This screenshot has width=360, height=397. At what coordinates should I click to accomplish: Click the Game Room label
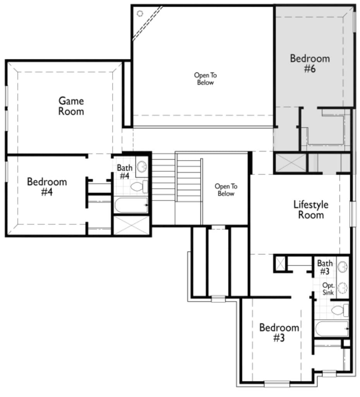[71, 106]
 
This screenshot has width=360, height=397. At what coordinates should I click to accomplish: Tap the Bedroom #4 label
[47, 187]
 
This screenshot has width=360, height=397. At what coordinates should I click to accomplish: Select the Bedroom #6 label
[310, 64]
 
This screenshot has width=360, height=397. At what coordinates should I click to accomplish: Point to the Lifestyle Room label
[311, 210]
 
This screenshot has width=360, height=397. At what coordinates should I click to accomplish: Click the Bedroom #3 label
[279, 332]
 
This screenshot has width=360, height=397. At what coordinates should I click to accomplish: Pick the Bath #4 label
[125, 172]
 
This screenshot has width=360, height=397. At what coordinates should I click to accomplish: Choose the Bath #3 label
[325, 268]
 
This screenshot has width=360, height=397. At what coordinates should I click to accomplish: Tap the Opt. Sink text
[328, 289]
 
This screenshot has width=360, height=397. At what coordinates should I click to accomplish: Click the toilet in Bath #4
[139, 187]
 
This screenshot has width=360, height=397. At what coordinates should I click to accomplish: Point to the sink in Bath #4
[142, 167]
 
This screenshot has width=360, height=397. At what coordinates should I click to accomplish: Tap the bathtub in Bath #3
[331, 329]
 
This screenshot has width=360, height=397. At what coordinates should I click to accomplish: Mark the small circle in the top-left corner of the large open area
[140, 14]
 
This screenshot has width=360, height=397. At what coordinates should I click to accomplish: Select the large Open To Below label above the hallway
[205, 79]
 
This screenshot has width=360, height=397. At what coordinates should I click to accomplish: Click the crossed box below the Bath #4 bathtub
[131, 225]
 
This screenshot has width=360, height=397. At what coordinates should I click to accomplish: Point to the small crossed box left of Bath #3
[280, 263]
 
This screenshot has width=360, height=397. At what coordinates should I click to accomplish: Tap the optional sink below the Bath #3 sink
[342, 288]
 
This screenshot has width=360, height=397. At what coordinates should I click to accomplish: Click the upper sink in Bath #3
[342, 266]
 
